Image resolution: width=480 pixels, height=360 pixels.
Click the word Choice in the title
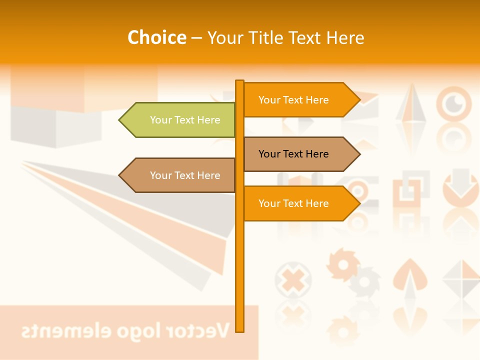156,37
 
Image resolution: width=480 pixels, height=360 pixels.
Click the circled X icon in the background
293,278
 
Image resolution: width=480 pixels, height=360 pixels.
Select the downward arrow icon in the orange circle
460,185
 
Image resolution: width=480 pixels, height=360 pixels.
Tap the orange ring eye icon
454,104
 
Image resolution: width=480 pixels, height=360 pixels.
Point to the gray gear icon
365,281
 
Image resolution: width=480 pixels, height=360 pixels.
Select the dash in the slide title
196,38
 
